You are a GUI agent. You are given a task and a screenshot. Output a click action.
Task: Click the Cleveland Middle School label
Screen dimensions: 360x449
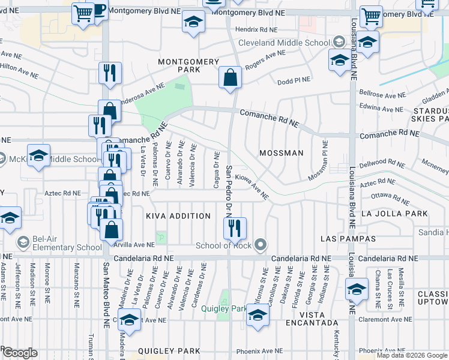click(284, 43)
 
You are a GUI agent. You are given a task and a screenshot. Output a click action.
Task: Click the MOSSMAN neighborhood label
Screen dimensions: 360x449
click(282, 153)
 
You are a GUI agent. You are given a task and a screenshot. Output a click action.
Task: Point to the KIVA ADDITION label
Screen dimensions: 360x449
click(178, 216)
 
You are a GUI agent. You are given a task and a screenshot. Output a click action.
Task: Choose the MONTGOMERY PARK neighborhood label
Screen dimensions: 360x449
click(188, 66)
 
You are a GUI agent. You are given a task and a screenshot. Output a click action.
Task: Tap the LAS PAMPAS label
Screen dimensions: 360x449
click(348, 239)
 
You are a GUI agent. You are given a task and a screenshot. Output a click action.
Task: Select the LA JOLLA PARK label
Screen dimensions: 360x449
click(394, 214)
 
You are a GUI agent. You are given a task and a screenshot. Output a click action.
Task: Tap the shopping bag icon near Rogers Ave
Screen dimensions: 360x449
click(230, 77)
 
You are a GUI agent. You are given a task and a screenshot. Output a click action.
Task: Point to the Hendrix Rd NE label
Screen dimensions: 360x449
click(256, 29)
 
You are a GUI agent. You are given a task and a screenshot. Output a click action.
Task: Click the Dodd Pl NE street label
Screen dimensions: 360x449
click(294, 80)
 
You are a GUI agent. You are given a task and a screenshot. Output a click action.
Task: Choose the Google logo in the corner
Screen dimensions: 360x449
click(20, 353)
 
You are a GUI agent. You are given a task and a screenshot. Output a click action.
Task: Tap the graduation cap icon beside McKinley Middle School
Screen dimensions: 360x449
click(38, 156)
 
